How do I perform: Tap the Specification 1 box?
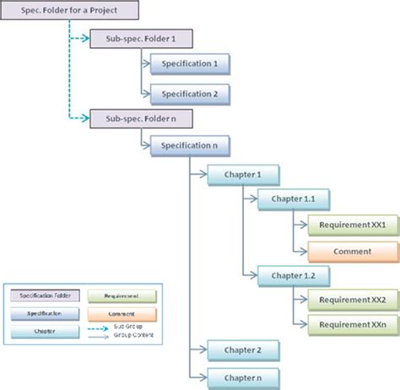pos(190,64)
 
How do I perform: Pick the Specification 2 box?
pos(190,93)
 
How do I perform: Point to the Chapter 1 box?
pos(242,174)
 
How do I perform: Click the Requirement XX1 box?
pos(353,225)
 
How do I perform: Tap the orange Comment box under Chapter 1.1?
pos(353,251)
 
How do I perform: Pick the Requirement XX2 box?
pos(353,301)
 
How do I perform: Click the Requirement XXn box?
pos(353,325)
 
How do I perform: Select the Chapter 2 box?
pos(242,349)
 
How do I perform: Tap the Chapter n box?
pos(242,374)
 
